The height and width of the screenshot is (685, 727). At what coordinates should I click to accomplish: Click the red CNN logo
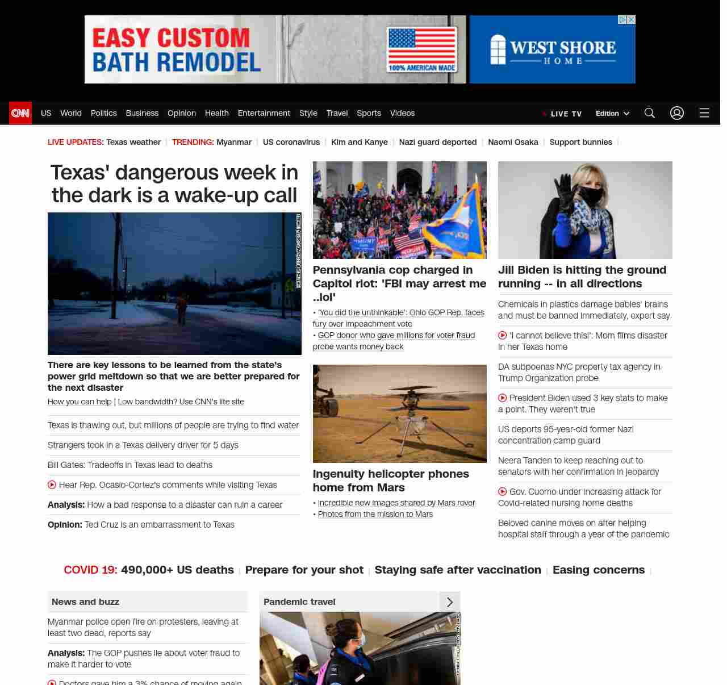click(x=20, y=113)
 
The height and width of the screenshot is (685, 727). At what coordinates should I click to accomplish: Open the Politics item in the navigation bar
click(x=103, y=113)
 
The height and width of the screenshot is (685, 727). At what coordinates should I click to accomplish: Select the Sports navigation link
click(x=369, y=113)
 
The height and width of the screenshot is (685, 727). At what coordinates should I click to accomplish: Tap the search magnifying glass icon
click(x=649, y=113)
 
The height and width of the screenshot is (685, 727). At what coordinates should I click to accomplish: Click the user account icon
click(x=676, y=113)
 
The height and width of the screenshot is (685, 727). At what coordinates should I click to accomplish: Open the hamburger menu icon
click(x=704, y=113)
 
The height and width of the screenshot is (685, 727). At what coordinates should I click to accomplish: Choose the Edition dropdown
click(x=612, y=114)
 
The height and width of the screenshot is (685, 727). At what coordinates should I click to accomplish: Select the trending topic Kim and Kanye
click(x=359, y=142)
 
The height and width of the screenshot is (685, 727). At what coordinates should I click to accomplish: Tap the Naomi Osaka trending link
click(x=513, y=142)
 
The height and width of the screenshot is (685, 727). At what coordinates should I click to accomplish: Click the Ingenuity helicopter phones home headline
click(x=391, y=481)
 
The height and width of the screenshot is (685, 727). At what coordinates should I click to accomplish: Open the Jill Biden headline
click(x=582, y=277)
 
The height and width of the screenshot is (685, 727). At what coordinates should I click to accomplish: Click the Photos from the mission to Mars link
click(x=375, y=514)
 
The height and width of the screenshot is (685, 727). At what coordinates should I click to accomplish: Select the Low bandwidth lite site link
click(x=181, y=402)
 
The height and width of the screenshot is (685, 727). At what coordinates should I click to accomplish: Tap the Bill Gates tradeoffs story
click(x=130, y=465)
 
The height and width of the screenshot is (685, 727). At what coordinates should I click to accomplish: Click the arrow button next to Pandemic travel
click(x=449, y=602)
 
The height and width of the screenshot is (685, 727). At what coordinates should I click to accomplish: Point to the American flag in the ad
click(x=421, y=45)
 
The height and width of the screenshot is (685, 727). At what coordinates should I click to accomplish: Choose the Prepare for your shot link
click(x=304, y=570)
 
